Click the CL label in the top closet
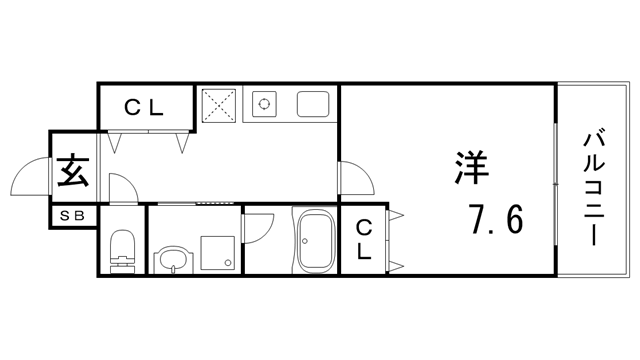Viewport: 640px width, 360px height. [x=145, y=107]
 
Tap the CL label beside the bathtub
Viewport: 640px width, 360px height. [x=365, y=240]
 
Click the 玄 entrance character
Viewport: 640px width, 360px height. [x=72, y=171]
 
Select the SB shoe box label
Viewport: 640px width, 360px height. [x=72, y=215]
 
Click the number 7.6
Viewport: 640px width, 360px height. [x=495, y=218]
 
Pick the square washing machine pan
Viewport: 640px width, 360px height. [x=219, y=252]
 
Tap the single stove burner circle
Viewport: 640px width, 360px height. [x=266, y=102]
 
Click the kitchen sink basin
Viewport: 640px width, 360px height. [x=313, y=102]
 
